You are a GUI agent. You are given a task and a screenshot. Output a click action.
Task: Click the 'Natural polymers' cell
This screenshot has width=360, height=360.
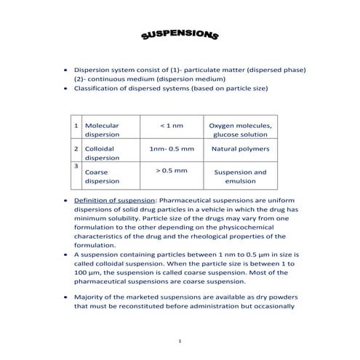pos(239,148)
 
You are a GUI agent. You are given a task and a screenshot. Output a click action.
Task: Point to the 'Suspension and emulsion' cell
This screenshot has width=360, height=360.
pos(239,177)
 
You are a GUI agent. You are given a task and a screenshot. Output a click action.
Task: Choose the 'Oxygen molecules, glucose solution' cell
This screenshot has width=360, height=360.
pos(239,129)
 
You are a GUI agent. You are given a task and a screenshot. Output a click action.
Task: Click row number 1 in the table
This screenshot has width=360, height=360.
pos(76,125)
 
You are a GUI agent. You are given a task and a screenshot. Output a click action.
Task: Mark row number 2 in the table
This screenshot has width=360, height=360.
pos(76,148)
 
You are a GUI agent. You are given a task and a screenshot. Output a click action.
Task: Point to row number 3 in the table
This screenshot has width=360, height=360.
pos(76,165)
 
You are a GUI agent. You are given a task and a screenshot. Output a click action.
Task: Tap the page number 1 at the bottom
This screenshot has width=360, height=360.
pos(179,341)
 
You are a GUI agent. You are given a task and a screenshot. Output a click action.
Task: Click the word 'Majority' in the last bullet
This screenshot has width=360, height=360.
pos(90,297)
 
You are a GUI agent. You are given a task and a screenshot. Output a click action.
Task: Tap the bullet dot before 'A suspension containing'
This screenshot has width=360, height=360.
pos(67,255)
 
